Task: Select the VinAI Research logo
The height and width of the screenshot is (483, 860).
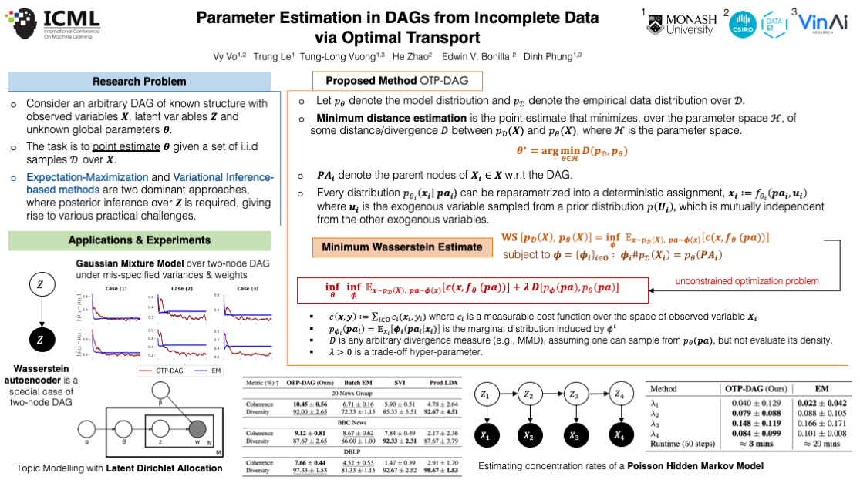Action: pos(825,25)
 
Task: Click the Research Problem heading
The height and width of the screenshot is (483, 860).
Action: pos(139,82)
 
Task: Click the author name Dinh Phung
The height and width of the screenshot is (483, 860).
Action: pos(552,56)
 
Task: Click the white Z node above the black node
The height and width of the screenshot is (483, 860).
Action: pos(40,286)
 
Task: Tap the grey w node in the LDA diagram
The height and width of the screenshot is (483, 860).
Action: pos(197,430)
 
